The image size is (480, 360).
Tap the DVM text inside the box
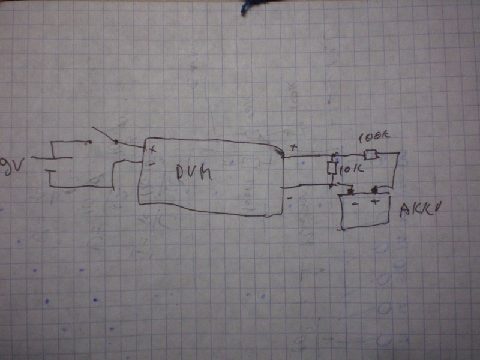(x=196, y=173)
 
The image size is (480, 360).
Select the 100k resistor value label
(x=373, y=137)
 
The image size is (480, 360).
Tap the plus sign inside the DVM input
(x=152, y=148)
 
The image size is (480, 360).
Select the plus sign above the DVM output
(x=293, y=147)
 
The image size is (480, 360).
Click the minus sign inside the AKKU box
(x=354, y=203)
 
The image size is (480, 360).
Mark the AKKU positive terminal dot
(x=376, y=191)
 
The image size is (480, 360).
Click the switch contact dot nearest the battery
(x=89, y=143)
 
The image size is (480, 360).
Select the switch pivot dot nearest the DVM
(x=115, y=142)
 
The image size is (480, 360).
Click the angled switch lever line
(x=103, y=135)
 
